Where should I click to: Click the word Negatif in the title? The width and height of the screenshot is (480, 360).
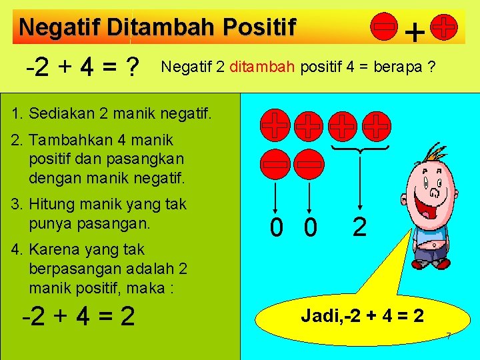pos(61,27)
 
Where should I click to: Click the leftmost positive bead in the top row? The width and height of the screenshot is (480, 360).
pos(275,125)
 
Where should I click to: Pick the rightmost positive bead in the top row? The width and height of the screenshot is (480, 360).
pos(378,125)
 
